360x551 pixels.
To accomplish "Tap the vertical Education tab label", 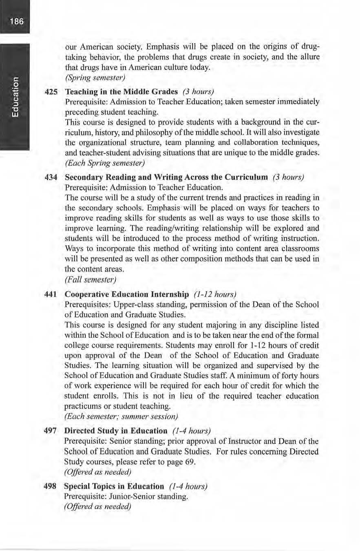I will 15,97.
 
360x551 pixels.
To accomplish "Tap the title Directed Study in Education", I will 116,431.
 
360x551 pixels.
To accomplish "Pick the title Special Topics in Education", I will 114,487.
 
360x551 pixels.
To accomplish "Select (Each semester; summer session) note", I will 121,416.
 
